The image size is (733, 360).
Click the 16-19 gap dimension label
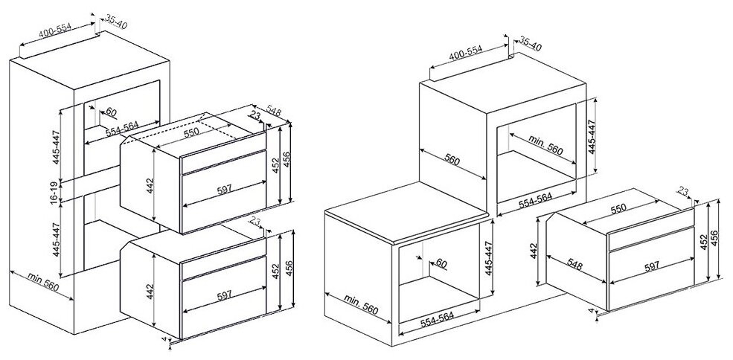tap(56, 191)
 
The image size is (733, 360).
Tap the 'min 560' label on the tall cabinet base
tap(43, 282)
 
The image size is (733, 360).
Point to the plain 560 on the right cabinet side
tap(452, 160)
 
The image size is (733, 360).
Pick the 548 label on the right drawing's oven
tap(574, 265)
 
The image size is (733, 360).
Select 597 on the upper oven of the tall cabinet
tap(225, 190)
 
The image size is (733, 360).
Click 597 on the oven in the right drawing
tap(651, 266)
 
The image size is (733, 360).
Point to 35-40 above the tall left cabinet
tap(115, 21)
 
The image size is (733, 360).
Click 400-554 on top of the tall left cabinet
tap(55, 30)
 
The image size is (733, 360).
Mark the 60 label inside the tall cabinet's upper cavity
tap(111, 112)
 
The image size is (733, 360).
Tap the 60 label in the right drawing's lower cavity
tap(441, 264)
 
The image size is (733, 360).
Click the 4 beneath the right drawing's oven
tap(592, 310)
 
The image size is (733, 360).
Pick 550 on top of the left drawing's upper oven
tap(191, 131)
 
